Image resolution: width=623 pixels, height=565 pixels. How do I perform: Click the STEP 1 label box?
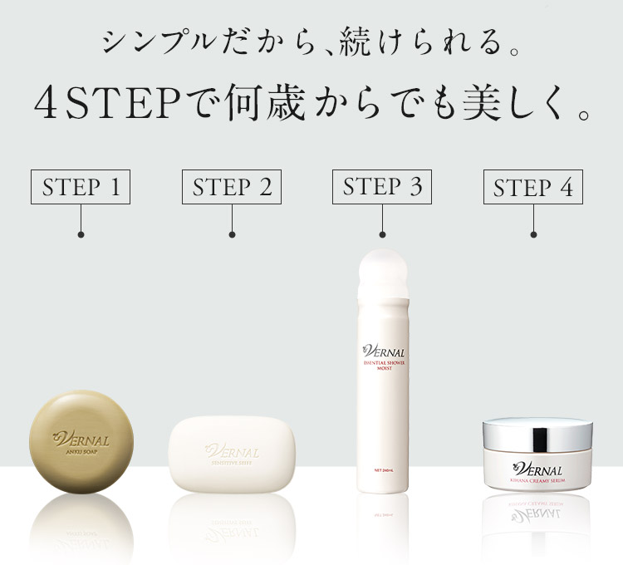point(81,187)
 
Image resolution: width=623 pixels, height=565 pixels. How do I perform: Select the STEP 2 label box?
point(232,187)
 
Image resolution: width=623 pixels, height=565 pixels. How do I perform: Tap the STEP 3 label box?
point(382,187)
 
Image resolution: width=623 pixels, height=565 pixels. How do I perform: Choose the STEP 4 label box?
point(533,188)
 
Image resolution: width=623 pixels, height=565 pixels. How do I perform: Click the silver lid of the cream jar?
point(538,433)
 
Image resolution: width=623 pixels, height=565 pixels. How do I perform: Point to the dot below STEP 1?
point(81,235)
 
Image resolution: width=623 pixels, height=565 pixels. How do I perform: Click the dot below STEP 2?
point(232,235)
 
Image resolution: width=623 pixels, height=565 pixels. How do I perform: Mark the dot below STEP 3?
point(382,235)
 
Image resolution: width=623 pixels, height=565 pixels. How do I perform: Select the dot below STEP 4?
point(533,235)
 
